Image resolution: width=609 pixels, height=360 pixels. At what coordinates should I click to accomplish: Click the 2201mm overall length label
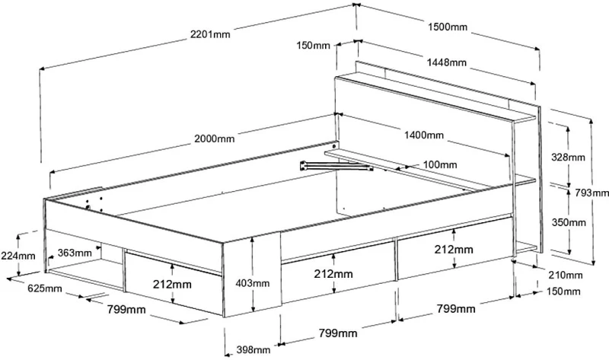click(210, 34)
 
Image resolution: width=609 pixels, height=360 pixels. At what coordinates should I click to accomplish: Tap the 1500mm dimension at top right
click(448, 27)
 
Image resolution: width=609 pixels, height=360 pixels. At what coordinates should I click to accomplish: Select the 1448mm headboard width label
click(447, 62)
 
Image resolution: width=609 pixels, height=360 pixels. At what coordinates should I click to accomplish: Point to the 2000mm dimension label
click(215, 139)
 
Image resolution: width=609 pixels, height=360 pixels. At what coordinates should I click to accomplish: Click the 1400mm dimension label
click(424, 135)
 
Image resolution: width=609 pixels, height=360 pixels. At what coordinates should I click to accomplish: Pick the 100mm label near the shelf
click(440, 164)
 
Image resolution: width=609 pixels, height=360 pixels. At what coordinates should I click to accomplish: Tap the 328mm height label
click(568, 158)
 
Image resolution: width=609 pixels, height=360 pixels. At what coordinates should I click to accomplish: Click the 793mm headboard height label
click(592, 193)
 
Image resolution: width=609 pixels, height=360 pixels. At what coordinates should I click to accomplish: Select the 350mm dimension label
click(569, 222)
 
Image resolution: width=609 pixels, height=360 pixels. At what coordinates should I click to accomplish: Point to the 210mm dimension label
click(566, 276)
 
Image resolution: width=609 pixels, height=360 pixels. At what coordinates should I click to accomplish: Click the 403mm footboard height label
click(253, 283)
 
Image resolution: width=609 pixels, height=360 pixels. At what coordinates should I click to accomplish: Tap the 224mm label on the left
click(18, 256)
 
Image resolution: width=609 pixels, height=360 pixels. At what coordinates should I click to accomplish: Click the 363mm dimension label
click(75, 253)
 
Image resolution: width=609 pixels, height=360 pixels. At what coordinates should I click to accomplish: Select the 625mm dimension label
click(45, 288)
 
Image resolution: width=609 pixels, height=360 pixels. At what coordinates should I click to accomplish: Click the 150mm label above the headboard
click(313, 46)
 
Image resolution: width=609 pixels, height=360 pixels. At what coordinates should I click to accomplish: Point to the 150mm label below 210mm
click(563, 292)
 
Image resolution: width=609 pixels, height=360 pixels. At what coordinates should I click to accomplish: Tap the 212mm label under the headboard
click(454, 249)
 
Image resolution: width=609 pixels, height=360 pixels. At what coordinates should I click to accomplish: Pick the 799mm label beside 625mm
click(126, 310)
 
